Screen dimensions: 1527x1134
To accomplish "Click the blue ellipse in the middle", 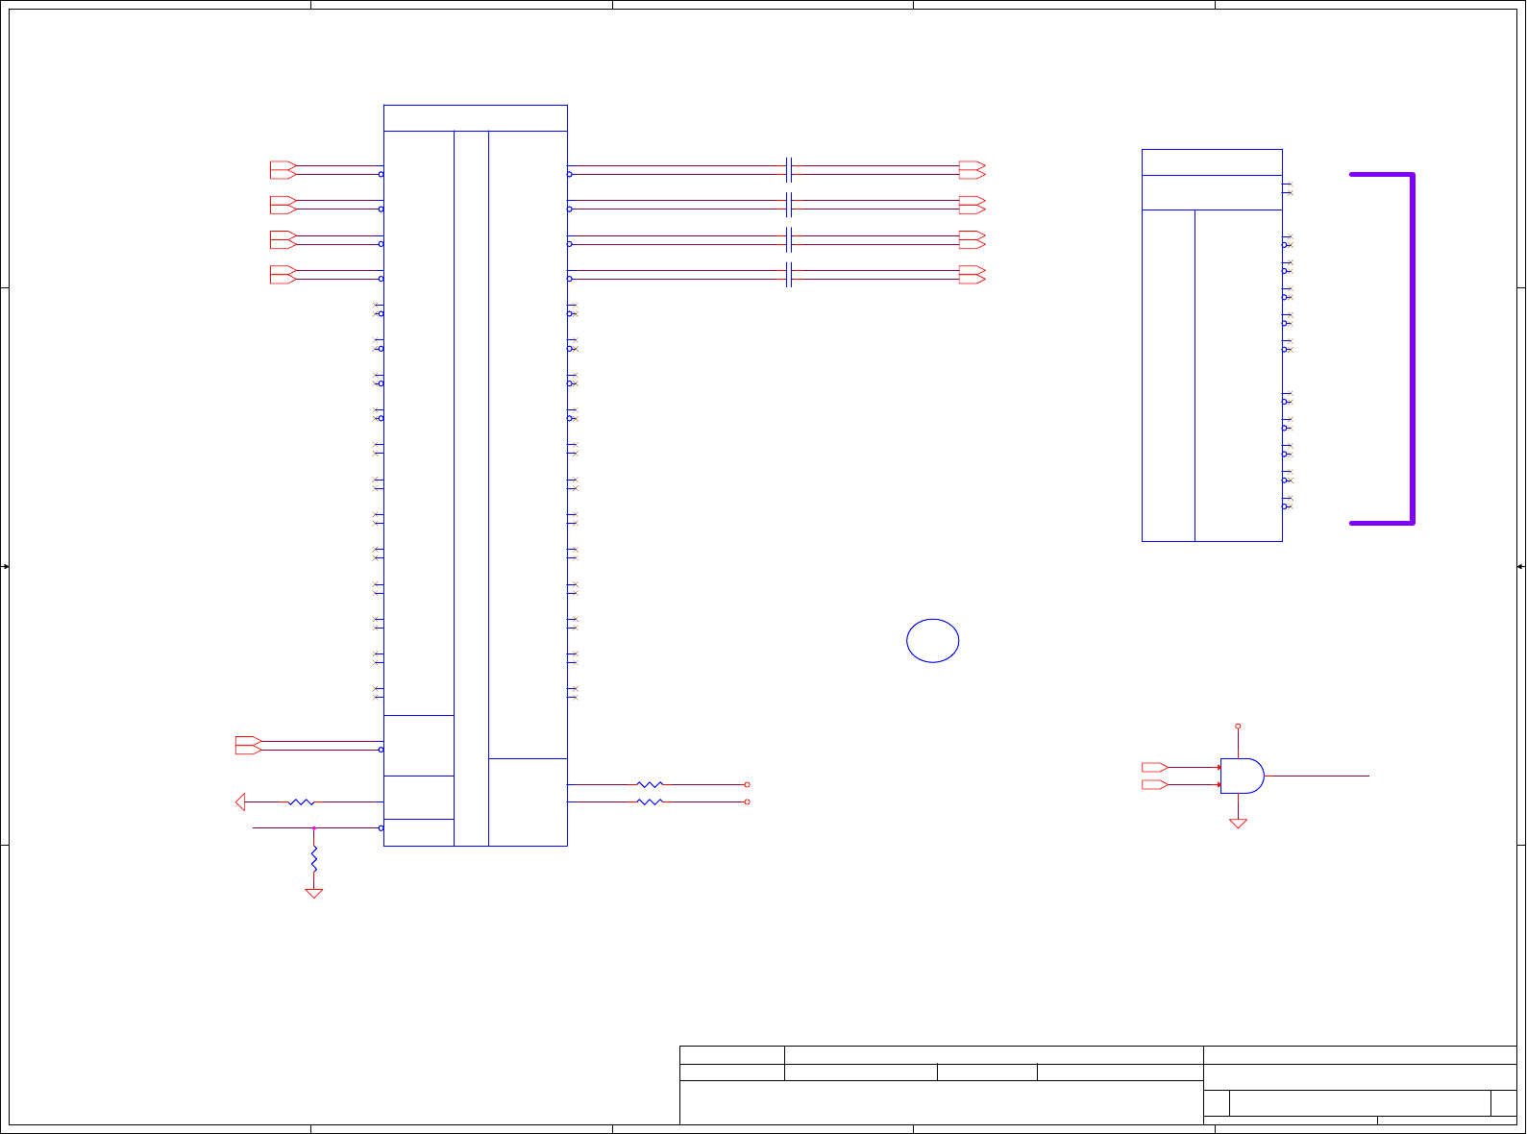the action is point(932,641).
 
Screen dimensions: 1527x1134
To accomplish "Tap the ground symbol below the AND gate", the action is point(1238,823).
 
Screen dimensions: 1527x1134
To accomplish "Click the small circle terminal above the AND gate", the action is point(1238,727).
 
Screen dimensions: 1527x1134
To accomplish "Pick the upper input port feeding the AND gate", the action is point(1154,767).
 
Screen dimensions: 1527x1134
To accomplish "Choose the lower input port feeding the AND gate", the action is point(1154,785).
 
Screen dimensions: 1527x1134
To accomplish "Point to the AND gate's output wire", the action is point(1317,776).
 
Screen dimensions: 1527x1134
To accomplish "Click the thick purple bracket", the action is point(1411,349).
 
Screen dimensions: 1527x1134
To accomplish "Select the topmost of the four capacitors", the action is point(788,170).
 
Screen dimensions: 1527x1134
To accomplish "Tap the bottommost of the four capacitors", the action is point(788,275).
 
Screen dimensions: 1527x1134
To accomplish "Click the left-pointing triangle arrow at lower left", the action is point(241,801).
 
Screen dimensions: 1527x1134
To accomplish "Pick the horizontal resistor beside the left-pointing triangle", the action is point(301,801).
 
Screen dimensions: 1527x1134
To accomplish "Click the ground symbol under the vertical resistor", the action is point(313,893).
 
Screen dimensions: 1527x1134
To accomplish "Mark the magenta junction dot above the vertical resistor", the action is point(313,827).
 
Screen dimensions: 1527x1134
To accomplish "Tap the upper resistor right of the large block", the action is point(650,784).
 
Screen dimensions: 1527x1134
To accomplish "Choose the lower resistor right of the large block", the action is point(650,801).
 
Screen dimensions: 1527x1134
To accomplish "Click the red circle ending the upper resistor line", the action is point(747,784).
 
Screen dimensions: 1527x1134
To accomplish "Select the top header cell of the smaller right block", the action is point(1212,162).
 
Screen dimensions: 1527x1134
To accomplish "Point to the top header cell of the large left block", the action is point(475,118).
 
